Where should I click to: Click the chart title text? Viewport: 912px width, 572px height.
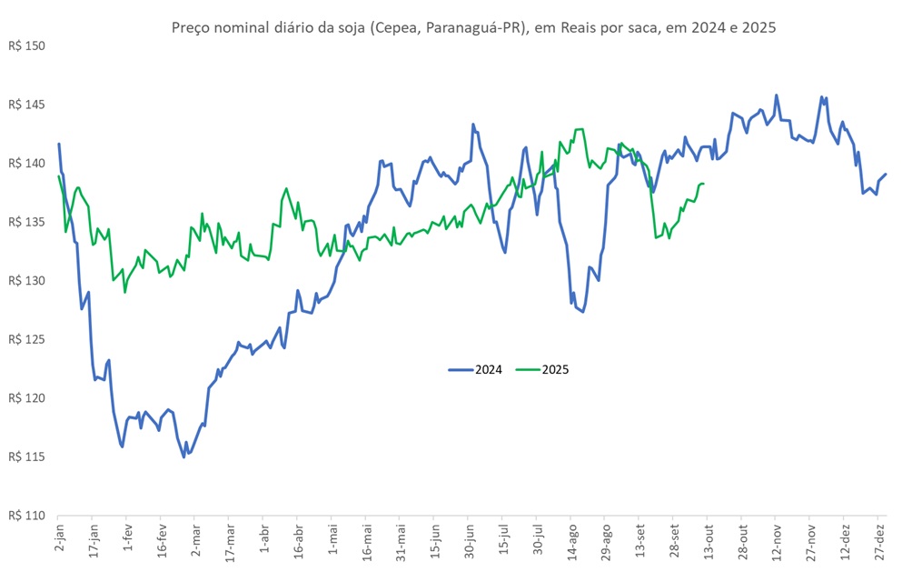click(473, 28)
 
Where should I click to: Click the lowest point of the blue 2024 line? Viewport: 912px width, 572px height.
click(183, 457)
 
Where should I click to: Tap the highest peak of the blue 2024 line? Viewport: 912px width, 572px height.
click(776, 95)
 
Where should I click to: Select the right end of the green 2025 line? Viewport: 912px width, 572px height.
click(704, 184)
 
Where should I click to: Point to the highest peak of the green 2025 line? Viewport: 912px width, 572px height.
click(579, 129)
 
